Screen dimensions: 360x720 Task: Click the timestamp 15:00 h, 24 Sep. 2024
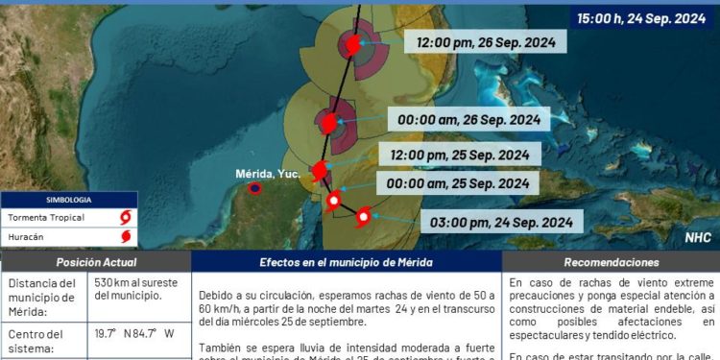[641, 17]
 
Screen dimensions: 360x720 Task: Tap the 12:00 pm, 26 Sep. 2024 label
[492, 42]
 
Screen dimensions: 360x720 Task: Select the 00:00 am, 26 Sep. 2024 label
[470, 120]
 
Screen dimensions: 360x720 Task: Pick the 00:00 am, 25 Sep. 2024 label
[457, 183]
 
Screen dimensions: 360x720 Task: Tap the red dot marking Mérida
[254, 188]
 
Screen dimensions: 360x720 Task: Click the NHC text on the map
[698, 236]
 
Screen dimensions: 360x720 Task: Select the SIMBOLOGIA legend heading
[68, 200]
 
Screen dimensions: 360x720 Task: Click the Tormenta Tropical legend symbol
[125, 216]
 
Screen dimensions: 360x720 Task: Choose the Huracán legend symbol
[125, 234]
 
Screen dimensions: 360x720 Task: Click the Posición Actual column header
[96, 262]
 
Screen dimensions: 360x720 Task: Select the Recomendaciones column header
[612, 262]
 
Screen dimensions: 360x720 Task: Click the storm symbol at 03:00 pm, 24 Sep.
[363, 217]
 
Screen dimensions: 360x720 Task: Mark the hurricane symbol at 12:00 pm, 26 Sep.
[351, 45]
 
